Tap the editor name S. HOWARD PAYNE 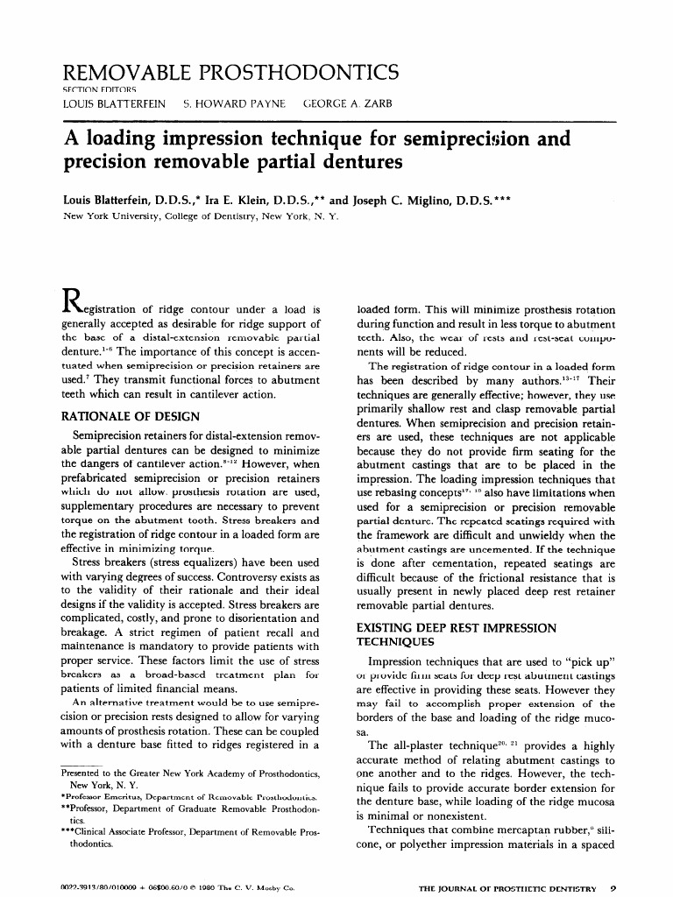click(x=234, y=103)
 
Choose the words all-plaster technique click(x=434, y=745)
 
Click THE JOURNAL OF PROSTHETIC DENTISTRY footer click(x=507, y=888)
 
